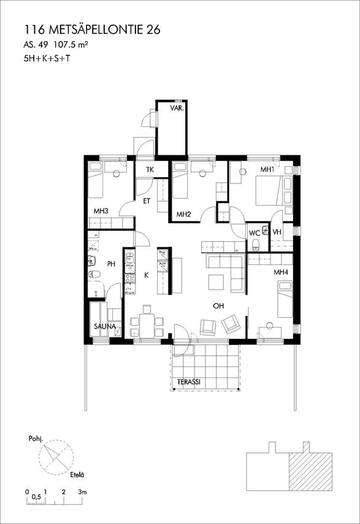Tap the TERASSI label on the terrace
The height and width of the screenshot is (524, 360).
(x=190, y=382)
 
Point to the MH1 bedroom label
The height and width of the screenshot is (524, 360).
(x=267, y=169)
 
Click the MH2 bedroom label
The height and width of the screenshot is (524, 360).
(x=183, y=214)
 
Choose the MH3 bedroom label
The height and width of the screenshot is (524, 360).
(x=101, y=211)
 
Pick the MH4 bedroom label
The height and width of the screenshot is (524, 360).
(x=281, y=272)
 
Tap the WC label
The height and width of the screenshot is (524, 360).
(x=254, y=233)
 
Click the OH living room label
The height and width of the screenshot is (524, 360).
(x=218, y=306)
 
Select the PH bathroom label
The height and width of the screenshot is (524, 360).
(x=111, y=264)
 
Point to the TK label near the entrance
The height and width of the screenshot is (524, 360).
(x=149, y=170)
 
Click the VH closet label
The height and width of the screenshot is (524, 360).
(x=277, y=232)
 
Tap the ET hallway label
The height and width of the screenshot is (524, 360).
(x=148, y=201)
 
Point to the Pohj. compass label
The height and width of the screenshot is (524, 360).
(x=35, y=439)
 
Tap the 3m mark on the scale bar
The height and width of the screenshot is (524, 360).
(x=82, y=492)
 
